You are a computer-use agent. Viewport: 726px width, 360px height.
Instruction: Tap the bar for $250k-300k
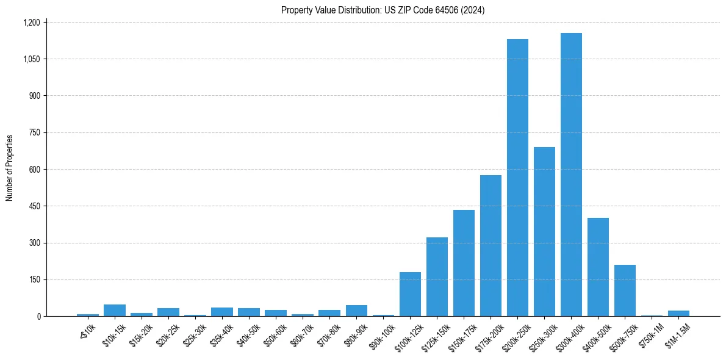click(x=544, y=232)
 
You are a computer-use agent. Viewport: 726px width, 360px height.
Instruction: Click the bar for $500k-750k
click(x=625, y=290)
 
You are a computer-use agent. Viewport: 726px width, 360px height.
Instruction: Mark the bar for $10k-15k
click(x=115, y=310)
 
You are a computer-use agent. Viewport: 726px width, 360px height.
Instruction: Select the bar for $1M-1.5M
click(x=678, y=314)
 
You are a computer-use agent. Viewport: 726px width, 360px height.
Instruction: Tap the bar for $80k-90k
click(x=356, y=311)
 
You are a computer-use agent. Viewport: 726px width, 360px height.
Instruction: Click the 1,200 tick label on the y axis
click(x=31, y=23)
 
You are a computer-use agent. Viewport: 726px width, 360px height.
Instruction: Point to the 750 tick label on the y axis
click(x=35, y=132)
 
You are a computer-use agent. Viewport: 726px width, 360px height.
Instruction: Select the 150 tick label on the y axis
click(x=35, y=279)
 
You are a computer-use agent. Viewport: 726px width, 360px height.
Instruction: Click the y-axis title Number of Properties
click(x=10, y=168)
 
